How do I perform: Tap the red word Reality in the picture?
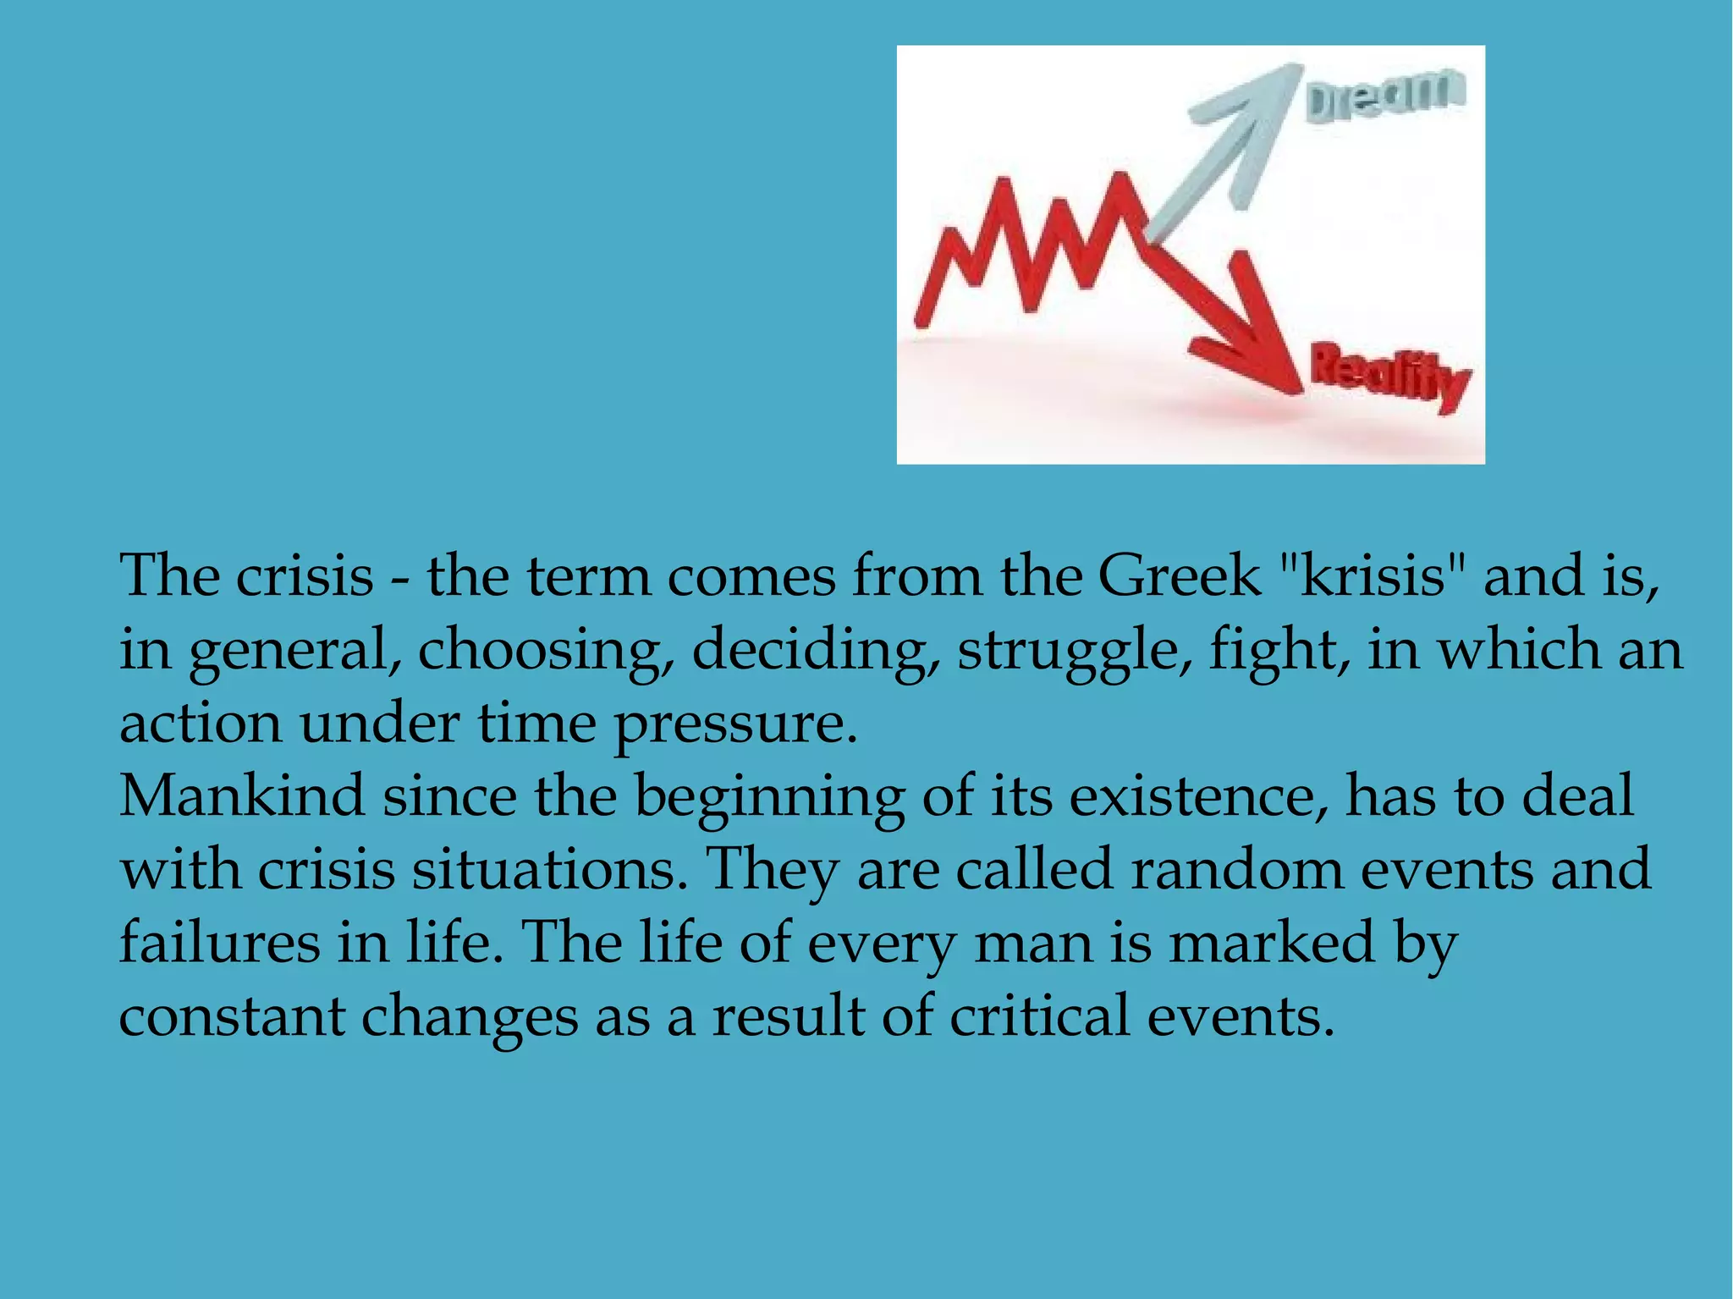pyautogui.click(x=1390, y=376)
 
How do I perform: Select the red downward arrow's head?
pyautogui.click(x=1261, y=355)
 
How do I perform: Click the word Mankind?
pyautogui.click(x=242, y=796)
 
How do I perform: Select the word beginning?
pyautogui.click(x=769, y=798)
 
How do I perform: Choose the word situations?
pyautogui.click(x=549, y=870)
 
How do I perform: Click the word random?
pyautogui.click(x=1237, y=869)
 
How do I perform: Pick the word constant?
pyautogui.click(x=232, y=1016)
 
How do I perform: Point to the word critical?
pyautogui.click(x=1039, y=1015)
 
